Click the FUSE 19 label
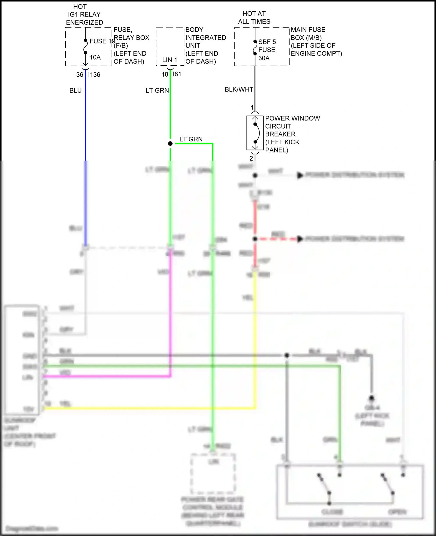[x=102, y=41]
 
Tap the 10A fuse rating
[x=95, y=57]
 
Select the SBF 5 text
[x=267, y=42]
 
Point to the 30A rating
[x=264, y=58]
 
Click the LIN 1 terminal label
[x=169, y=60]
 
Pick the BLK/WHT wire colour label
[x=239, y=89]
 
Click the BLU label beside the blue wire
[x=75, y=91]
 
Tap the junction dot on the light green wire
[x=170, y=143]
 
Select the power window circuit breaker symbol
[x=255, y=133]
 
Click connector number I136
[x=94, y=75]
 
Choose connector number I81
[x=177, y=74]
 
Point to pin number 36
[x=80, y=75]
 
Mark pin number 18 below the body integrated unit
[x=165, y=74]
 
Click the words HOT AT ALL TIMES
[x=254, y=17]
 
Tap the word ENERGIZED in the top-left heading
[x=84, y=22]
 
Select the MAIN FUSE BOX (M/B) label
[x=308, y=34]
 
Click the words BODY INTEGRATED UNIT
[x=205, y=37]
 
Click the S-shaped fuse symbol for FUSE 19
[x=85, y=46]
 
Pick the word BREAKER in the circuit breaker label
[x=280, y=134]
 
